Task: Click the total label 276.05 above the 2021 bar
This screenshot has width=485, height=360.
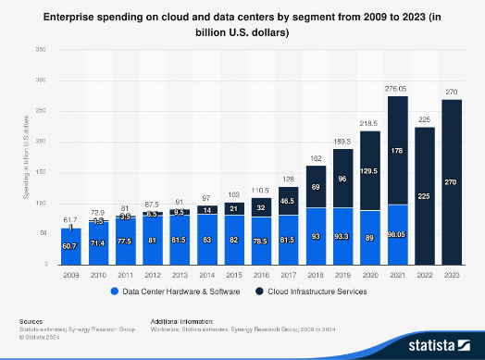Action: pos(396,87)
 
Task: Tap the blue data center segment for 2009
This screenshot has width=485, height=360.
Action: pos(71,246)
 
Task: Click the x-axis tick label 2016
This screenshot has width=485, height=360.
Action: pos(262,275)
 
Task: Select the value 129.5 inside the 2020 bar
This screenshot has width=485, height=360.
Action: pos(370,171)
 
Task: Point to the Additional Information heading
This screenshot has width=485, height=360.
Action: pos(182,320)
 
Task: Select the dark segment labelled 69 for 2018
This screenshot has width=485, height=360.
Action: pos(316,187)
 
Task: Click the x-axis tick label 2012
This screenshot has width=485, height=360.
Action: pos(153,275)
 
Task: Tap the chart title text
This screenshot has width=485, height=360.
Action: pos(242,25)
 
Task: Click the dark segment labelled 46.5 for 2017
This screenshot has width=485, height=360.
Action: pos(289,199)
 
